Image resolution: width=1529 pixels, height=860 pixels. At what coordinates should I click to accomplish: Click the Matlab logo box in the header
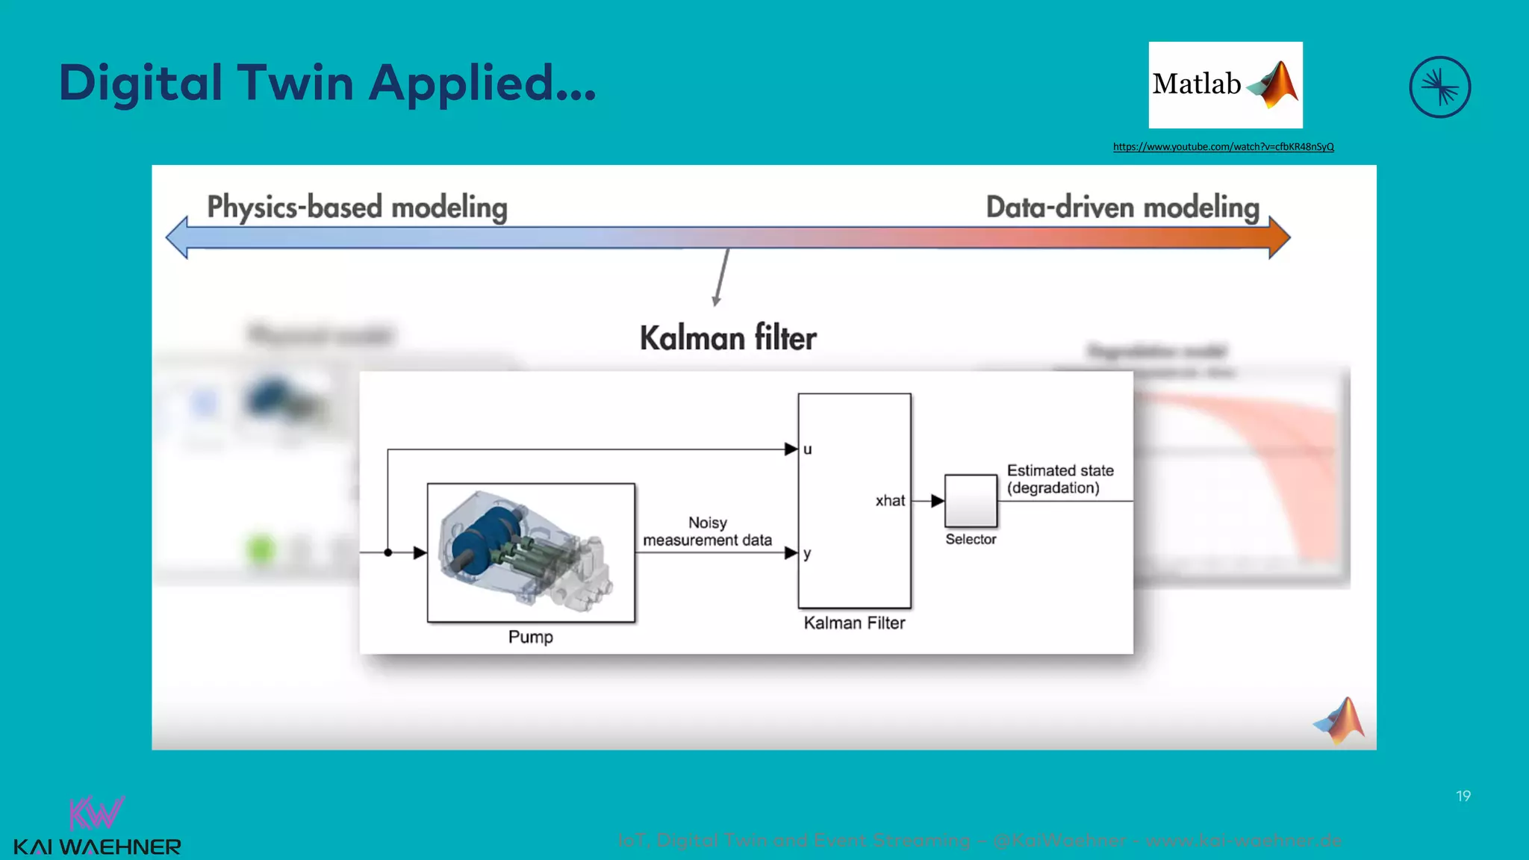1225,85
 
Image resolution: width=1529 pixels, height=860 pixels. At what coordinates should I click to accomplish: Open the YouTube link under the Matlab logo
1223,147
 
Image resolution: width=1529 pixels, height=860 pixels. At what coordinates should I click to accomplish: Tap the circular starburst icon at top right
1439,87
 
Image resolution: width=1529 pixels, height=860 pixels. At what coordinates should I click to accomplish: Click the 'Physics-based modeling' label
357,207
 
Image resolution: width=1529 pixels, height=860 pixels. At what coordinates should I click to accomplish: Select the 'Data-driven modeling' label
1122,207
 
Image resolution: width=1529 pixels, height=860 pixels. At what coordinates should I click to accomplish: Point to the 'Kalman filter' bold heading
728,338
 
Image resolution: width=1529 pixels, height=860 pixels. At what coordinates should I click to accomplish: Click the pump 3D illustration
530,552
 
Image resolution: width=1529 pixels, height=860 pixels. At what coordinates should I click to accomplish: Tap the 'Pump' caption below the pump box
530,637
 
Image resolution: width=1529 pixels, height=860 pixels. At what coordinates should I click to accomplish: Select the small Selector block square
971,501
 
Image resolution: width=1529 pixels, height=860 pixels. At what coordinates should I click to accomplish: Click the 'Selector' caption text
971,539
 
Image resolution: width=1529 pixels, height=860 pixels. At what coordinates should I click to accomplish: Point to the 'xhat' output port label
890,501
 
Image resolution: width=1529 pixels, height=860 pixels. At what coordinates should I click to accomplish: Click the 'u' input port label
807,449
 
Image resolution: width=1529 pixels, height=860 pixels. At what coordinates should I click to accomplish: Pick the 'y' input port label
807,554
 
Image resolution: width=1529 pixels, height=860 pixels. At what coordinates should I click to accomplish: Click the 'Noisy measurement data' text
707,532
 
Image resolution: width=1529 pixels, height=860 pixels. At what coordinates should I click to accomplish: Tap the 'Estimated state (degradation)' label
1059,479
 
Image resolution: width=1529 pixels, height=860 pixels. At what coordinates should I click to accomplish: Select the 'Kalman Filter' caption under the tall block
854,623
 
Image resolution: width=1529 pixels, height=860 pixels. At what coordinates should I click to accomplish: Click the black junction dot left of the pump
388,552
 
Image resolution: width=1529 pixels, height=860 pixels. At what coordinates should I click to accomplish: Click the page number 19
1463,797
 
